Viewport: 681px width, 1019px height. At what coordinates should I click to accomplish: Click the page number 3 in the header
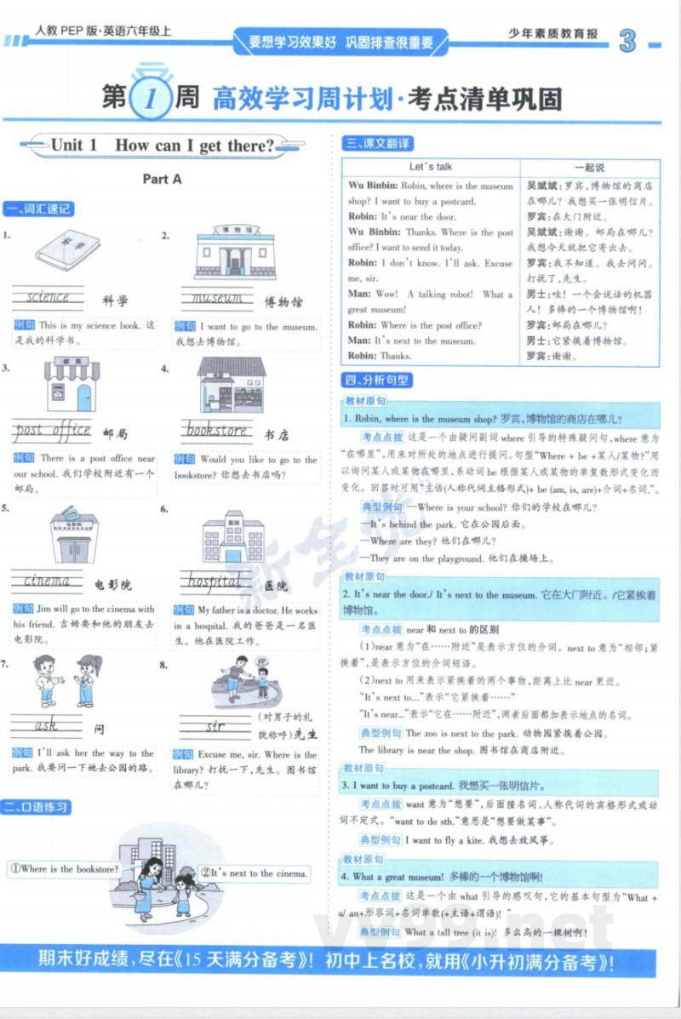pyautogui.click(x=628, y=41)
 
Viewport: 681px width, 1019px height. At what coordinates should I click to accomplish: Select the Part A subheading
pyautogui.click(x=162, y=179)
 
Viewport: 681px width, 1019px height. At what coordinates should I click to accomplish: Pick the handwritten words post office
pyautogui.click(x=53, y=430)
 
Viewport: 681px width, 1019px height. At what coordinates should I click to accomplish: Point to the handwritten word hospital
pyautogui.click(x=215, y=581)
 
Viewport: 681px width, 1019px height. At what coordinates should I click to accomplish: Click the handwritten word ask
pyautogui.click(x=46, y=726)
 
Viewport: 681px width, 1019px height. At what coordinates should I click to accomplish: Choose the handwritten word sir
pyautogui.click(x=215, y=727)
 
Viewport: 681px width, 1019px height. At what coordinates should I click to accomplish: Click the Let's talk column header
pyautogui.click(x=431, y=167)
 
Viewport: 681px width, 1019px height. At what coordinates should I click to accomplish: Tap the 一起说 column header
pyautogui.click(x=589, y=167)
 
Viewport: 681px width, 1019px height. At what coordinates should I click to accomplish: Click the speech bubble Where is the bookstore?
pyautogui.click(x=65, y=869)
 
